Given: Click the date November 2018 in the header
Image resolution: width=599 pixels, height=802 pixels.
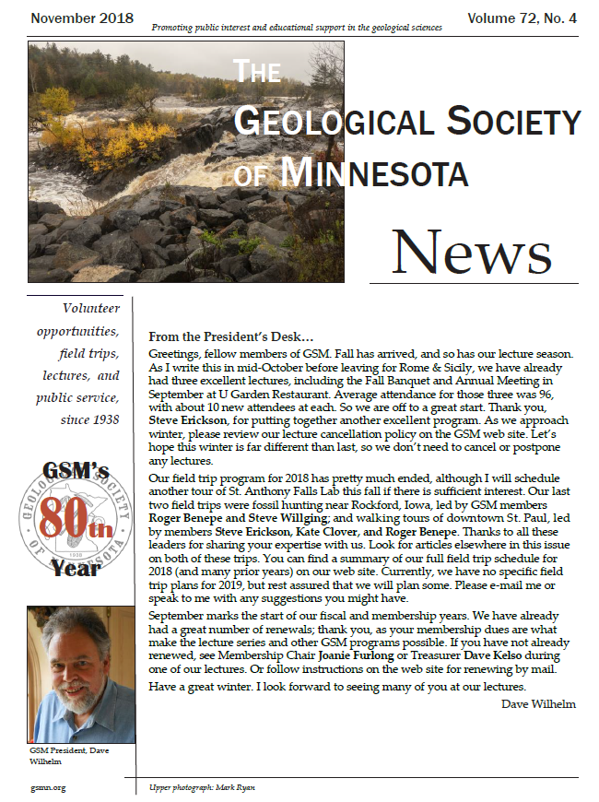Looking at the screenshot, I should point(82,18).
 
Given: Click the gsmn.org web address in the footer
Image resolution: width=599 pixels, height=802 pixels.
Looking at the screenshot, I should point(47,787).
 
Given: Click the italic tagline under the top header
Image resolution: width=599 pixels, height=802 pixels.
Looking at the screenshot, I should point(298,29).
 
